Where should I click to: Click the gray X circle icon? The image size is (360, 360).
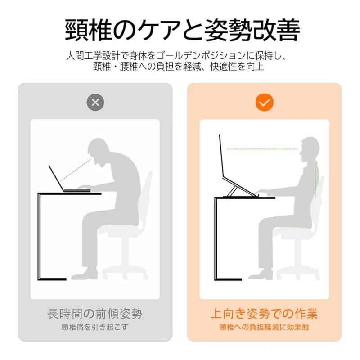pos(95,103)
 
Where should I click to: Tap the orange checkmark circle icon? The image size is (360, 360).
pos(264,103)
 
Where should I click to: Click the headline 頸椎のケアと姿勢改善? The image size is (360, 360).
pos(183,30)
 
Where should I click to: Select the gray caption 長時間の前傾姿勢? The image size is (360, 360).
pos(95,314)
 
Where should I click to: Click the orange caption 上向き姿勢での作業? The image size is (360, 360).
pos(264,314)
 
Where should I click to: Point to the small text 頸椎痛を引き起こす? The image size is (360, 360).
pos(95,327)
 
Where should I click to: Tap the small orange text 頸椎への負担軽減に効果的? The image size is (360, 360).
pos(264,327)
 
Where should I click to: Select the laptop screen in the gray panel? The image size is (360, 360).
pos(57,178)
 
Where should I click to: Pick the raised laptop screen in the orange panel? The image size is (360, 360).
pos(221,156)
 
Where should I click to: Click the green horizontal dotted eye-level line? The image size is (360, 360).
pos(262,149)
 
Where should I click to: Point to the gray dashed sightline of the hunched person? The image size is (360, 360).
pos(76,170)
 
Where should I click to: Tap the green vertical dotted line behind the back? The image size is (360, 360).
pos(316,183)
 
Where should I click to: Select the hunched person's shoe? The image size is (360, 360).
pos(84,274)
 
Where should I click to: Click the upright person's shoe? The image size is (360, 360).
pos(261,274)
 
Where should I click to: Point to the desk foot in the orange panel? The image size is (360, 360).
pos(228,279)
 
